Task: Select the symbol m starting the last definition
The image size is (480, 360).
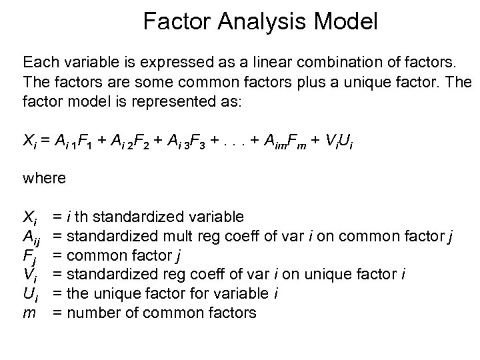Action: [x=29, y=312]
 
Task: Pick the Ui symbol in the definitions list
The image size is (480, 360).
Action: [x=31, y=293]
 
